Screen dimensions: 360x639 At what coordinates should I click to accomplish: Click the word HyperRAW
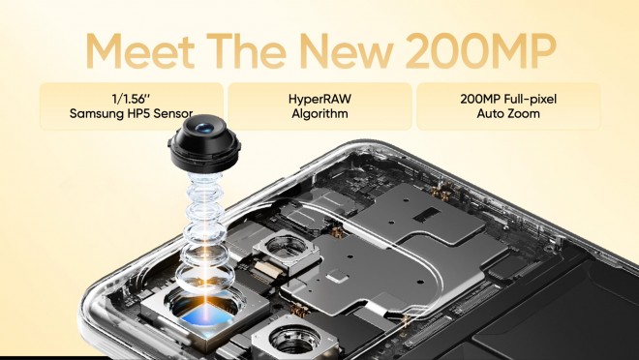click(x=319, y=99)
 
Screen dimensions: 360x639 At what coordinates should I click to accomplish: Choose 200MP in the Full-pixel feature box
click(x=472, y=99)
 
